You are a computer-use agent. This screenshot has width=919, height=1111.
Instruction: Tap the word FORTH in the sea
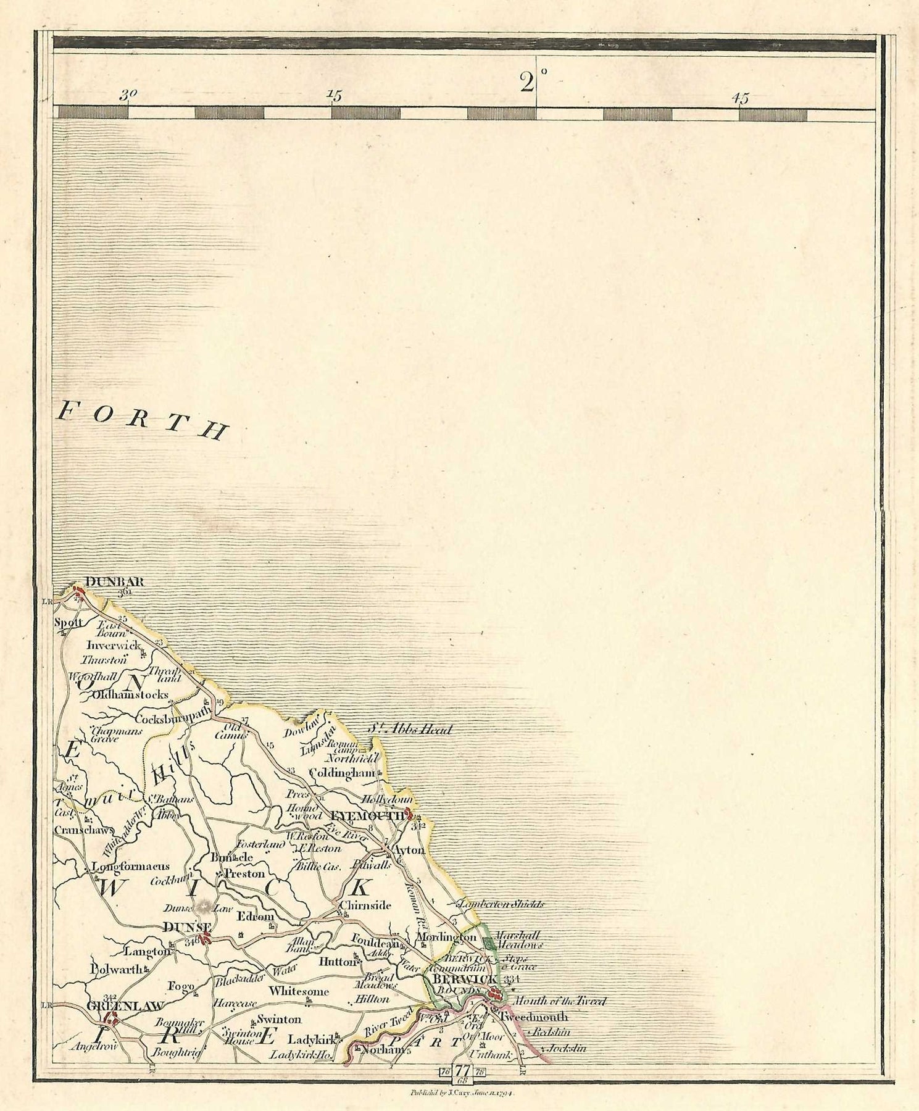pos(142,420)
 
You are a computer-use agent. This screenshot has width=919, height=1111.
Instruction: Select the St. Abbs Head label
pos(410,729)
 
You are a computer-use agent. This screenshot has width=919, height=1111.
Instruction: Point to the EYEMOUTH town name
pos(367,815)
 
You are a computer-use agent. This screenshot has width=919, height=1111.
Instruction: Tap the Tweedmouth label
pos(534,1017)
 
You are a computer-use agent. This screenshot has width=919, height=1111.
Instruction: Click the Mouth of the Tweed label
pos(559,1001)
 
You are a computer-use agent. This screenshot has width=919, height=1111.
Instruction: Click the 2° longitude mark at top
pos(529,81)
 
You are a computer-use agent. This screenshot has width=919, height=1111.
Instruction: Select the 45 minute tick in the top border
pos(740,98)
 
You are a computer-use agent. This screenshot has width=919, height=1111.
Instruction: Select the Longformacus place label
pos(130,866)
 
